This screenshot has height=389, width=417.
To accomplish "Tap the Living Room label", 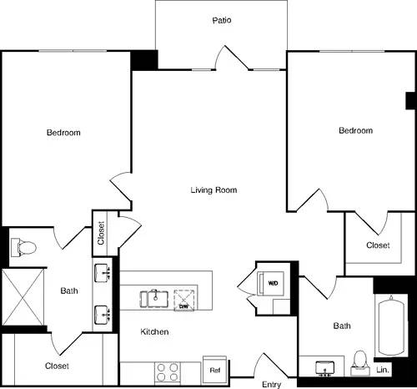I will click(214, 190).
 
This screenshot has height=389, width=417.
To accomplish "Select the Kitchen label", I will click(155, 332).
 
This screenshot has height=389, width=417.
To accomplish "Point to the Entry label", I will click(271, 384).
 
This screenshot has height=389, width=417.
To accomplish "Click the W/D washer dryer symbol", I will click(274, 283).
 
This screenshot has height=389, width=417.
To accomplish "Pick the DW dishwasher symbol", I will click(185, 299).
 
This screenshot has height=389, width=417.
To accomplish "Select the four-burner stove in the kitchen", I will click(168, 370).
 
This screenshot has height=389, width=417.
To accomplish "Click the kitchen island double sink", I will click(155, 296).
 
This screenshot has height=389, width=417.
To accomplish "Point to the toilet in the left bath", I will click(22, 247).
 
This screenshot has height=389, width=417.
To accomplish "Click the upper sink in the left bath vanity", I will click(104, 274).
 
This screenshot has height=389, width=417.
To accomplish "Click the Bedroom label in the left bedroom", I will click(63, 134).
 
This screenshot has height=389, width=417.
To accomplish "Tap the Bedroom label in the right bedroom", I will click(355, 130).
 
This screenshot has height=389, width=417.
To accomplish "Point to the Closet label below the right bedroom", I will click(378, 245).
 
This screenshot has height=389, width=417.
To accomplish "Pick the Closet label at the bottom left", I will click(57, 366).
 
